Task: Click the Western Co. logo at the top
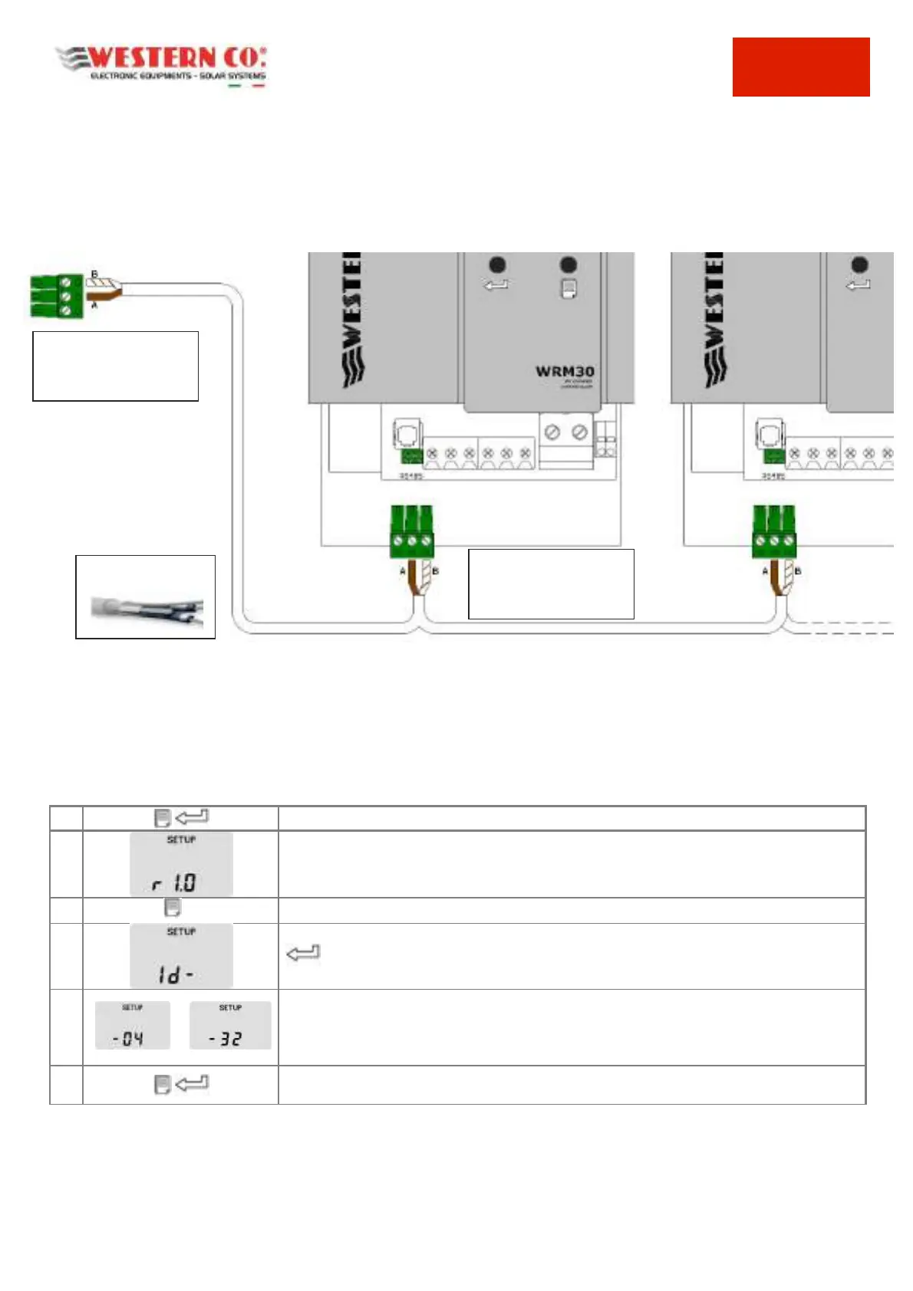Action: pos(161,65)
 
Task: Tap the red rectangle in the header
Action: pos(800,67)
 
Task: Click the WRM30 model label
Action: pos(565,372)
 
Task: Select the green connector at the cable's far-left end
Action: pos(56,296)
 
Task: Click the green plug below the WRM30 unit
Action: pos(412,531)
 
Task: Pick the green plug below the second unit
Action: pos(774,531)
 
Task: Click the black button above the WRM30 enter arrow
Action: pos(497,264)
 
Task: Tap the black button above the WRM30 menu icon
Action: pos(569,264)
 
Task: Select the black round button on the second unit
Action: pos(859,264)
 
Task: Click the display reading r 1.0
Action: pos(181,864)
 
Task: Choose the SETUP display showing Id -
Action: pos(181,956)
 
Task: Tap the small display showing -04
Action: pos(132,1026)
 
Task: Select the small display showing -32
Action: pos(230,1026)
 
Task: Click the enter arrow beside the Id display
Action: pos(302,953)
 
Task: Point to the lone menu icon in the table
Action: pos(173,908)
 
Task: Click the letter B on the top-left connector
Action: pos(95,274)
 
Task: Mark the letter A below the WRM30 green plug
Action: pos(402,571)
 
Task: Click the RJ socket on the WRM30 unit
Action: pos(407,433)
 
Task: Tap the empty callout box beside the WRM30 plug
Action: pos(551,583)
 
